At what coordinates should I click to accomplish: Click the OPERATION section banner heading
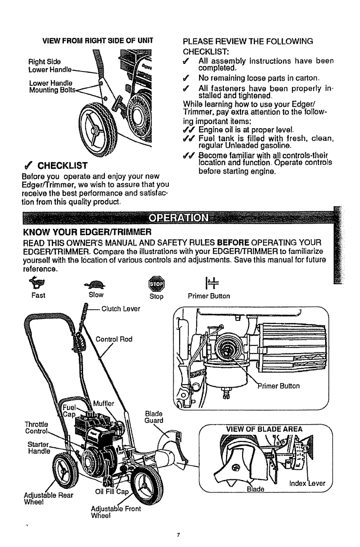click(179, 220)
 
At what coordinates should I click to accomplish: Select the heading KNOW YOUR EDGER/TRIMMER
click(87, 231)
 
